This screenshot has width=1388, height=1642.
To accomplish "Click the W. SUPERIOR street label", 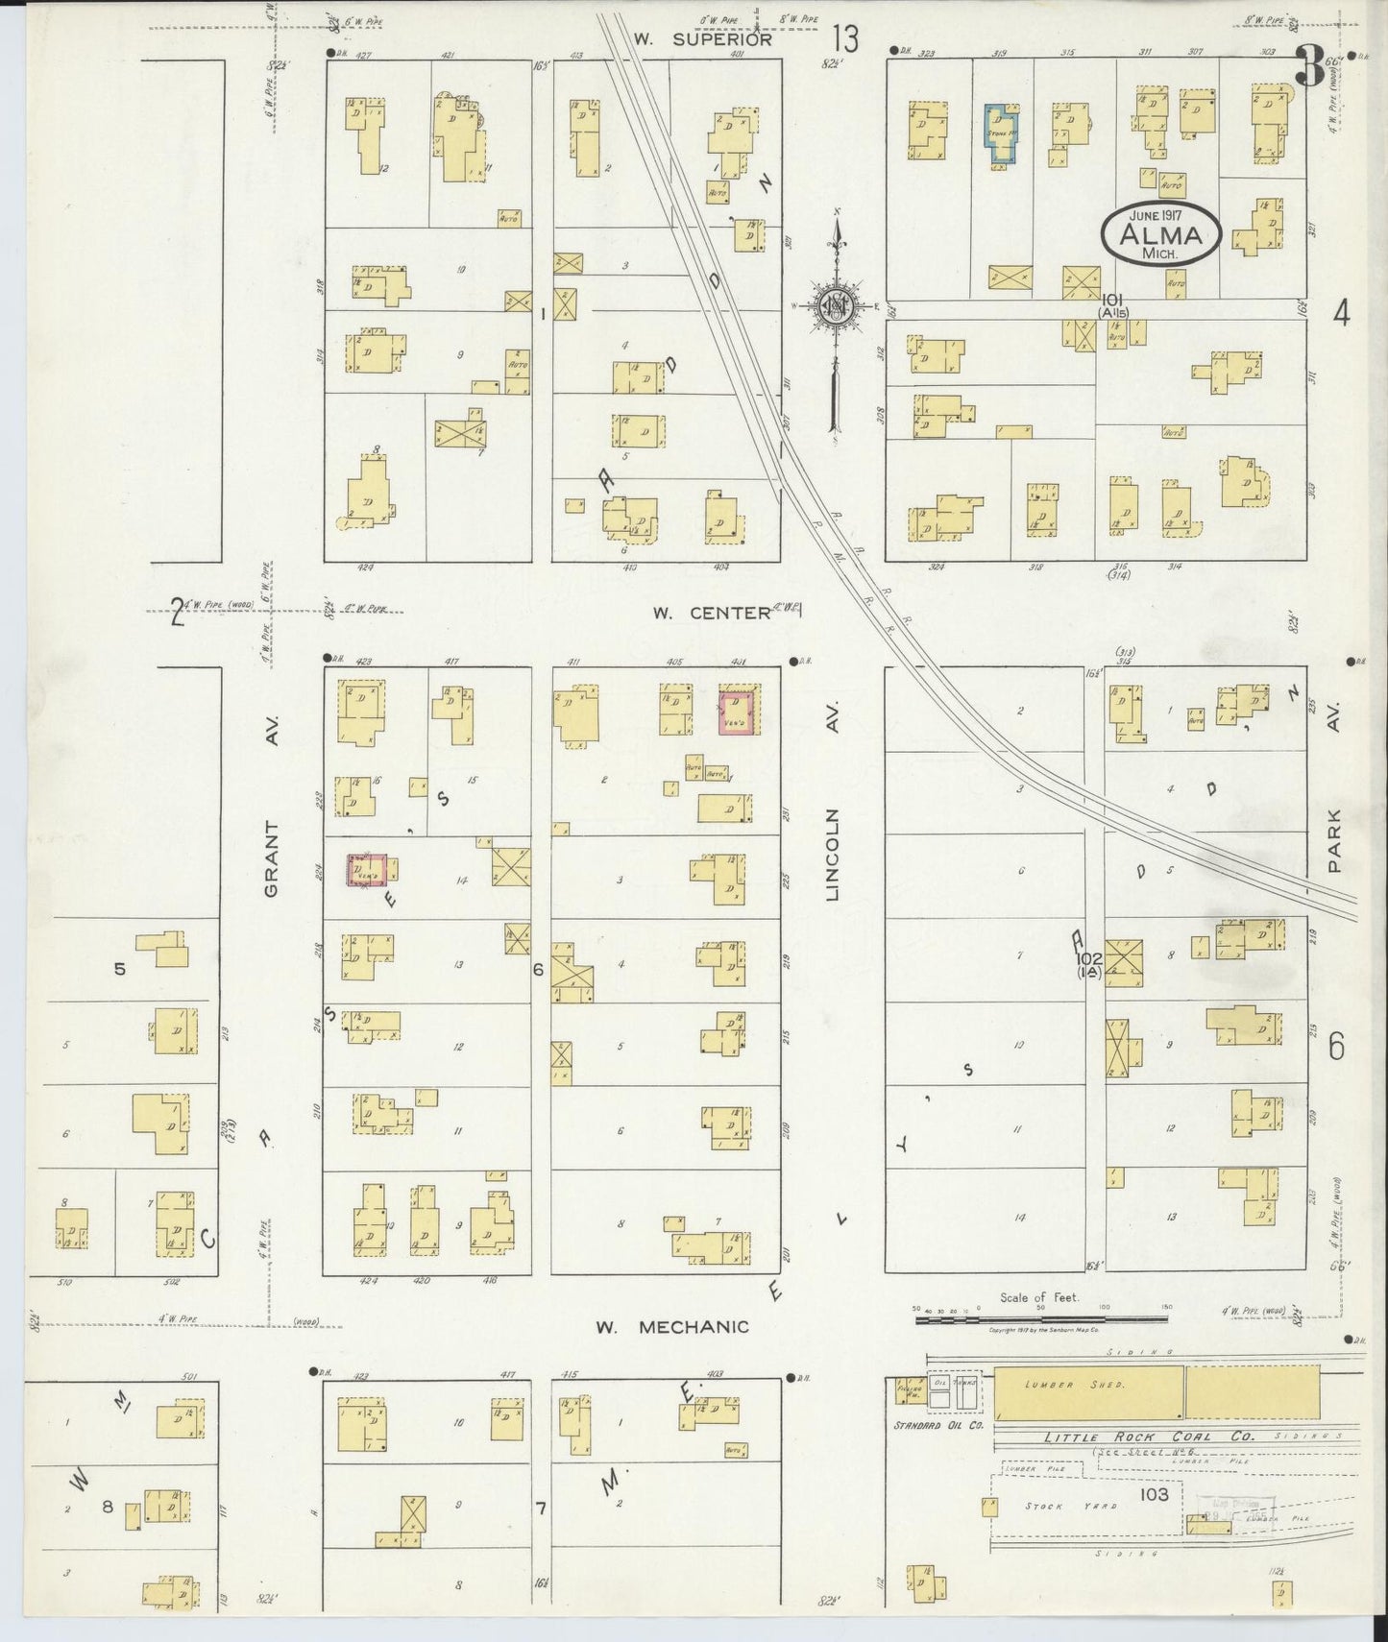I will [702, 39].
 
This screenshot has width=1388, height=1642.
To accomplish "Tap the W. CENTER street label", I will [712, 612].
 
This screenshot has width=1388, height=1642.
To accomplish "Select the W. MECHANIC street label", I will [671, 1327].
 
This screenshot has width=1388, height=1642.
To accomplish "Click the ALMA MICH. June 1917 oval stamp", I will [1161, 235].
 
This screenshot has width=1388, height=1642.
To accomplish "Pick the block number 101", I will [1113, 301].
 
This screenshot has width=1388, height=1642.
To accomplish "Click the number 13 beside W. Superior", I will [846, 40].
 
